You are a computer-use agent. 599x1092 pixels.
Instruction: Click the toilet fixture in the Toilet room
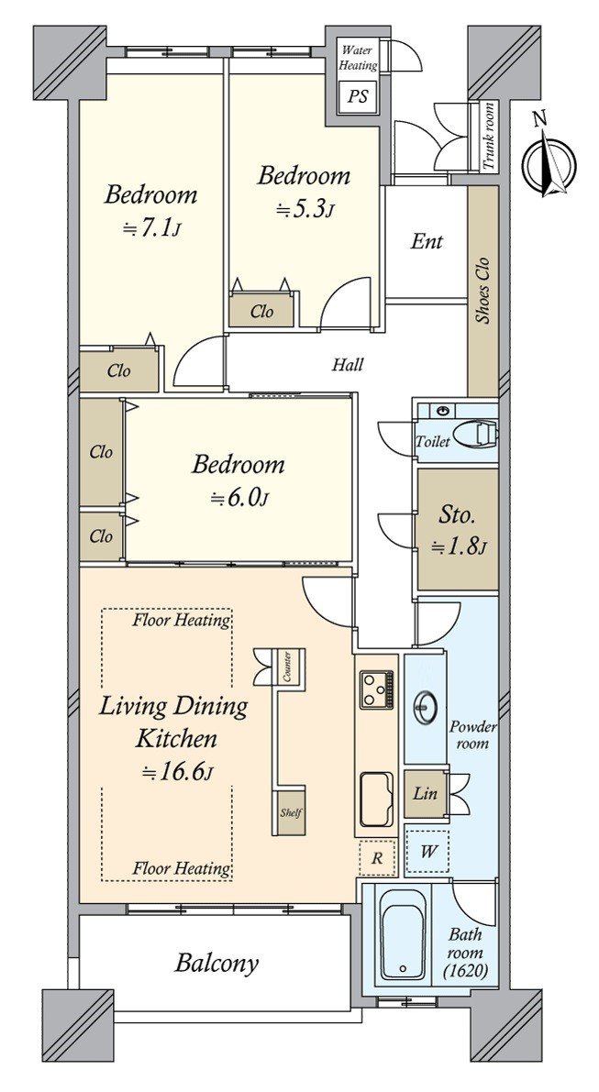point(482,434)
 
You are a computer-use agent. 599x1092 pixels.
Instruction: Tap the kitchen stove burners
point(376,689)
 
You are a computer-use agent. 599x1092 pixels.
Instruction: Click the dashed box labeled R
point(377,858)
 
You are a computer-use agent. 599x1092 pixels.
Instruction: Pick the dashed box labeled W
point(427,851)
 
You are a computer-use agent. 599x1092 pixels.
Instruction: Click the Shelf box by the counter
point(290,812)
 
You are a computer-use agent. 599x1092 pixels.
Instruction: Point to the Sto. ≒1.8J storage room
point(458,530)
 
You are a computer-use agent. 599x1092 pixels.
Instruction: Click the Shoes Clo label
point(482,291)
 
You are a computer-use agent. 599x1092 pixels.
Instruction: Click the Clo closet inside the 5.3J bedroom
point(262,312)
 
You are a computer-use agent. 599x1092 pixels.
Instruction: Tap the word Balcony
point(216,963)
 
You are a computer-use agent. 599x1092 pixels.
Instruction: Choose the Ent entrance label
point(427,242)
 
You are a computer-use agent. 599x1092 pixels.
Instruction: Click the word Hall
point(347,364)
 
